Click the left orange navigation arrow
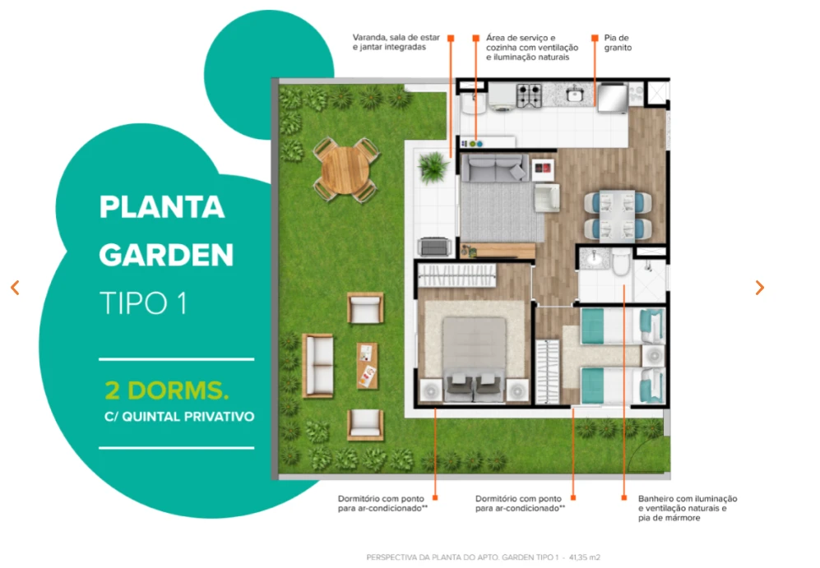pos(15,288)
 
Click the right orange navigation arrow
pos(760,288)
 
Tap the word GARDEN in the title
pos(166,255)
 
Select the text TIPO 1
pos(143,303)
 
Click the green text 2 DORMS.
pos(167,390)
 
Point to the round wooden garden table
pos(345,170)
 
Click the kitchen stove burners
pos(529,95)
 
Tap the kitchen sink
pos(575,95)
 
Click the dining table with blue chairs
pos(618,215)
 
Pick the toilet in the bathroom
pos(621,261)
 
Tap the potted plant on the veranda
pos(433,167)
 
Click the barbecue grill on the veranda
pos(434,246)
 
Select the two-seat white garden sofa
pos(317,366)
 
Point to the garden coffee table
pos(367,366)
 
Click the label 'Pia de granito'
pos(618,43)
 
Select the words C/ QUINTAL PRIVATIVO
pos(179,417)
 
